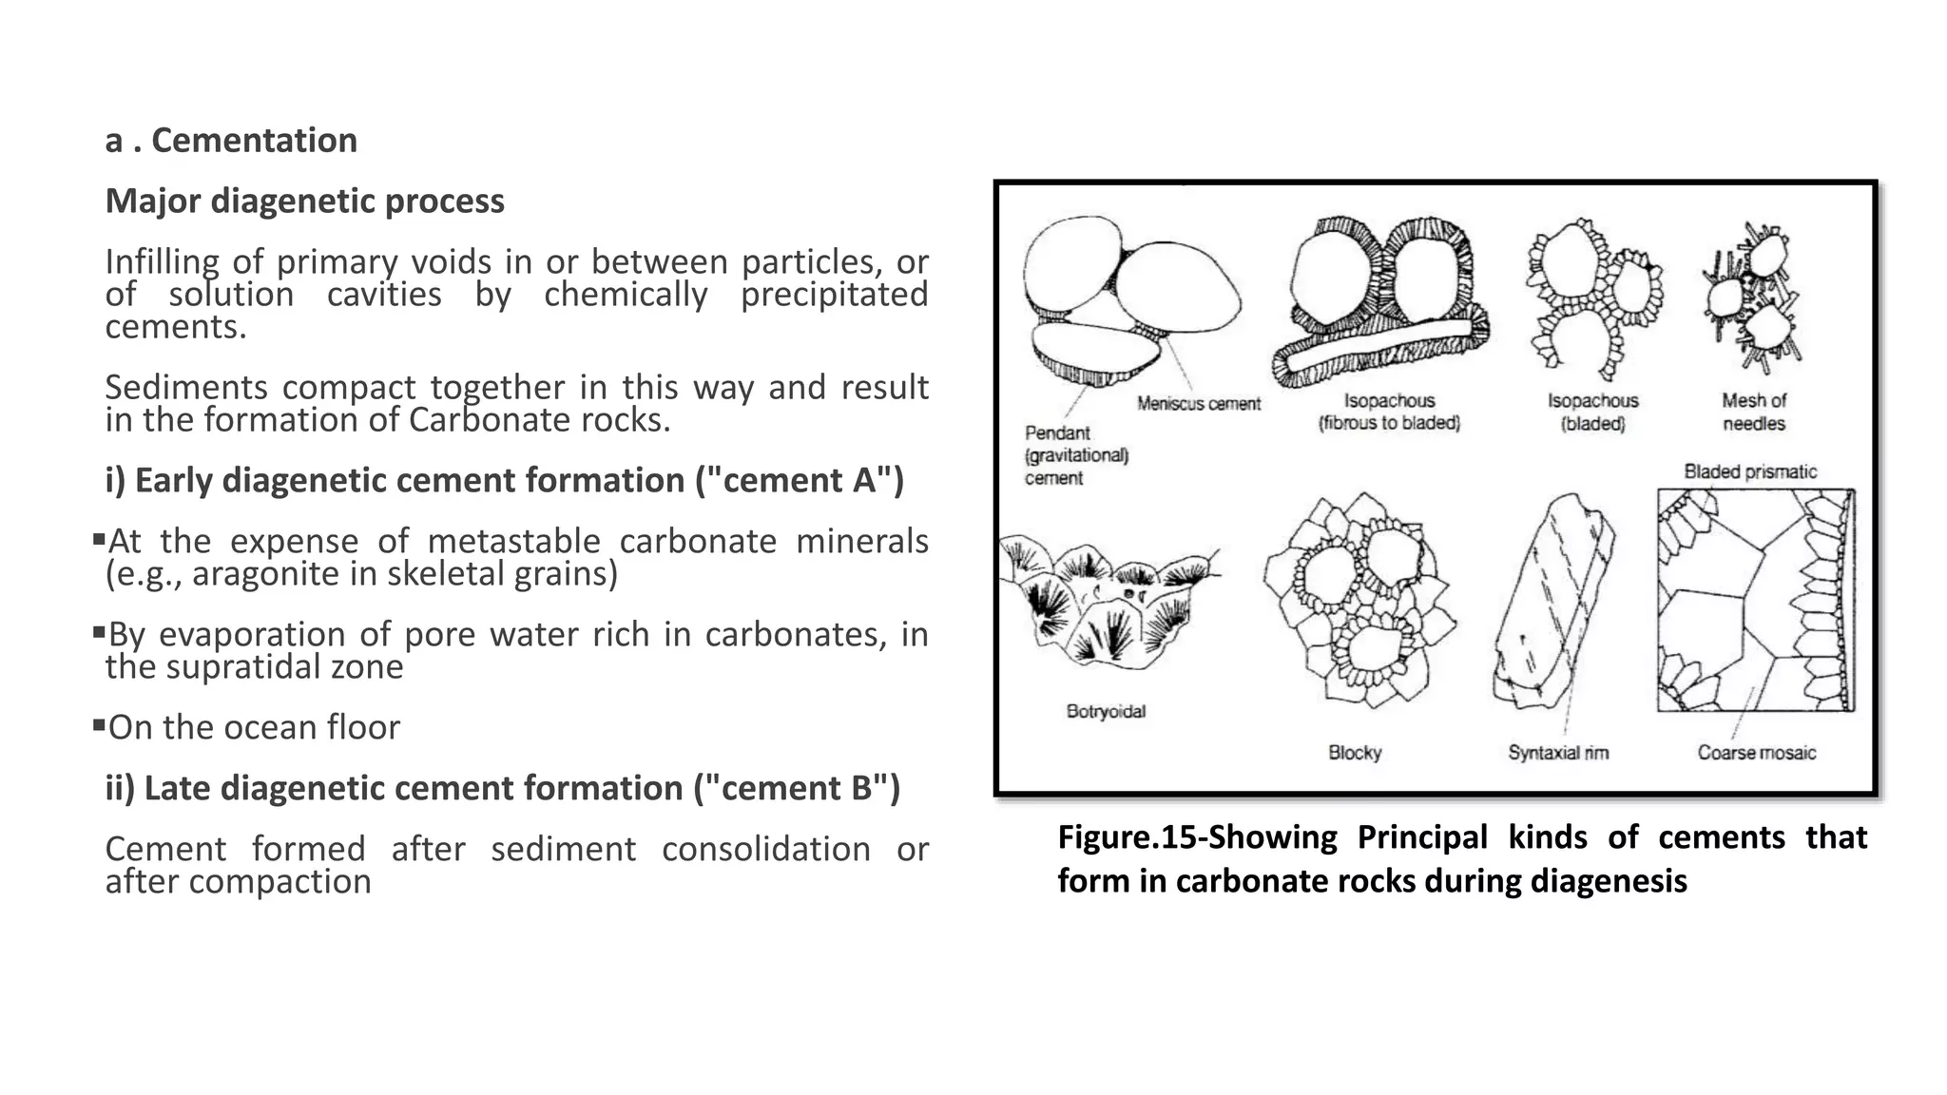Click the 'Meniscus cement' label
point(1198,404)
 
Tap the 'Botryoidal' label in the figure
point(1106,711)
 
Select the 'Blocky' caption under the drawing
point(1355,753)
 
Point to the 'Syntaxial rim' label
point(1558,753)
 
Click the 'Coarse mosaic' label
point(1756,753)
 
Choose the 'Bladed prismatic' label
point(1749,471)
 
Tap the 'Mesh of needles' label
point(1754,413)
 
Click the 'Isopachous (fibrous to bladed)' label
point(1389,413)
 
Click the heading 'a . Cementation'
point(231,141)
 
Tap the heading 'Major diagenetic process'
point(304,202)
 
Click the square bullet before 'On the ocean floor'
point(99,725)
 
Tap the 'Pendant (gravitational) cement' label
point(1075,455)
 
